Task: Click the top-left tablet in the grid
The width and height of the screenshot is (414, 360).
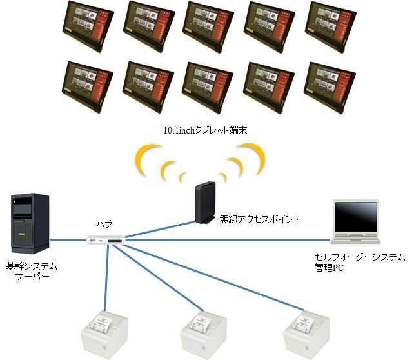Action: (x=86, y=26)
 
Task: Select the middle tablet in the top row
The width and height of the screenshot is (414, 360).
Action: (x=208, y=26)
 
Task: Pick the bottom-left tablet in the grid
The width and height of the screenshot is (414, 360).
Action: (x=86, y=88)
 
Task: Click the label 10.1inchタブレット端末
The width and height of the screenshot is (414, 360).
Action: (x=206, y=131)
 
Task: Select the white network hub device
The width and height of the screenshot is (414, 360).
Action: (x=106, y=240)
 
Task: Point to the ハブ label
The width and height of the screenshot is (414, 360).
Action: (x=104, y=224)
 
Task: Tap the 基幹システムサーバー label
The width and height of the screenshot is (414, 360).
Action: (x=32, y=271)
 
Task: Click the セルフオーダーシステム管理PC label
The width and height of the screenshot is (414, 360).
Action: (x=355, y=262)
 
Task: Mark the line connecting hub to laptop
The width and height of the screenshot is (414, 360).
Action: (x=226, y=241)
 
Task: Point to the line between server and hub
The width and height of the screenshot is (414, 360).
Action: (x=68, y=241)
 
